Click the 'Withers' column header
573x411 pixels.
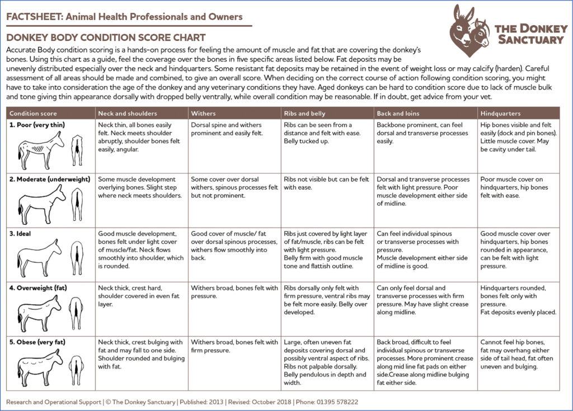(203, 114)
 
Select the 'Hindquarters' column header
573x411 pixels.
(500, 114)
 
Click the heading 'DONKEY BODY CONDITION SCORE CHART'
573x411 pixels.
(106, 38)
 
